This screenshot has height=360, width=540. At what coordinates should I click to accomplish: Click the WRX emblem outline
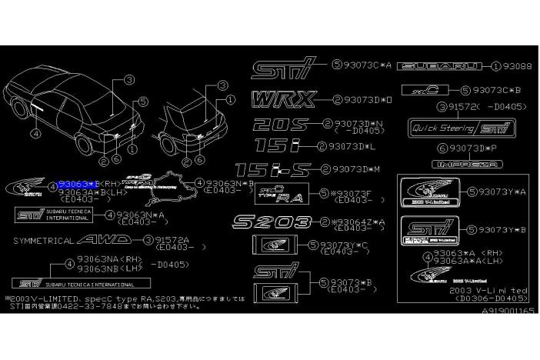pyautogui.click(x=282, y=99)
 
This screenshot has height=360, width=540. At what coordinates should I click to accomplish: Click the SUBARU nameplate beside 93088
pyautogui.click(x=440, y=67)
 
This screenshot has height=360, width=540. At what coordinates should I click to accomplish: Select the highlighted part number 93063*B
pyautogui.click(x=79, y=185)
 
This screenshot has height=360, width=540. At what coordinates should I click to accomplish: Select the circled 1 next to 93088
pyautogui.click(x=496, y=67)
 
